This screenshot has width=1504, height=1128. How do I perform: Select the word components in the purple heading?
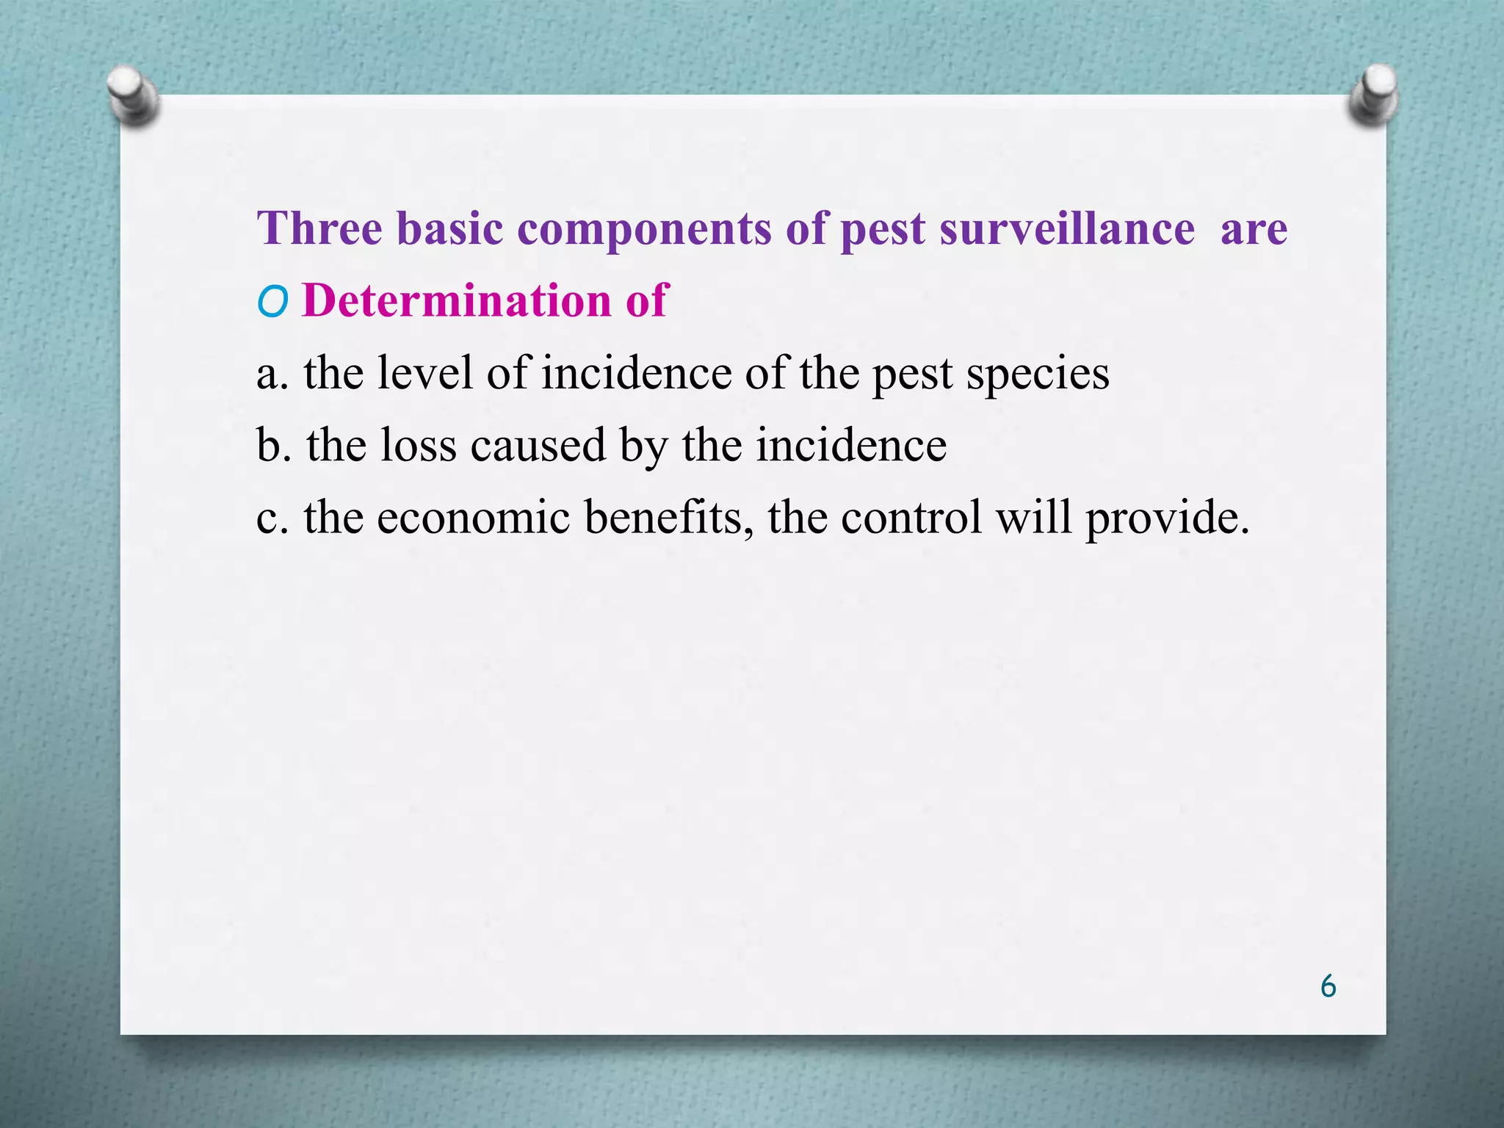coord(644,229)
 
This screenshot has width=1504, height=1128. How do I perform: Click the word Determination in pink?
coord(456,300)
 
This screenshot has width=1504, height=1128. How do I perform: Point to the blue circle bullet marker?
coord(272,302)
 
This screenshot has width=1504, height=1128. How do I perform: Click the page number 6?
coord(1328,986)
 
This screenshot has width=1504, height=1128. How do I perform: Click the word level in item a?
coord(425,372)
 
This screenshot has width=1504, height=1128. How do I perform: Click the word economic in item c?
coord(474,517)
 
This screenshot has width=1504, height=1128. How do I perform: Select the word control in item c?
coord(911,517)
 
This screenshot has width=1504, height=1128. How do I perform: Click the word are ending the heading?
coord(1254,229)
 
